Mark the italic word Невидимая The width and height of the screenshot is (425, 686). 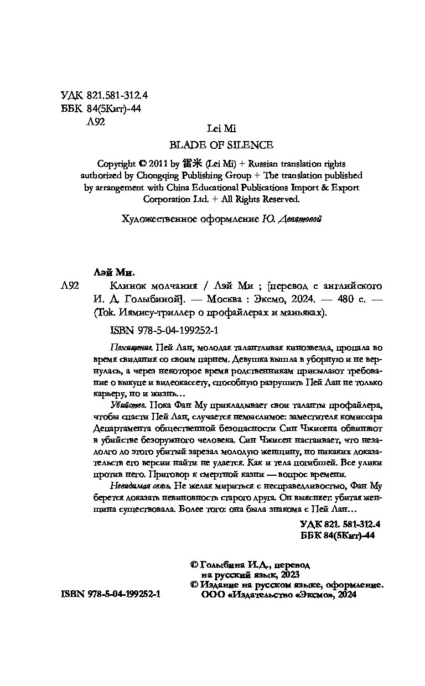coord(122,486)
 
